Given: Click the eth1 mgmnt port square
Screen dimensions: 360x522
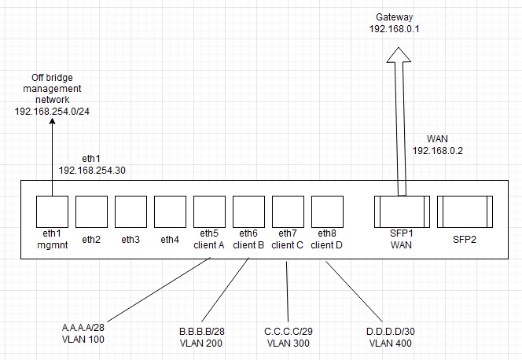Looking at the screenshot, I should [x=52, y=211].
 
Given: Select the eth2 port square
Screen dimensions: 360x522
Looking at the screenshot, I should [x=91, y=211].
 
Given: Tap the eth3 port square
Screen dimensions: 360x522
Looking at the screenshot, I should [x=130, y=211].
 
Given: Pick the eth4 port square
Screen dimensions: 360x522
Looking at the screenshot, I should [x=170, y=211].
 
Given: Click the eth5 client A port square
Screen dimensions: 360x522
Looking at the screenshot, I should [x=209, y=211].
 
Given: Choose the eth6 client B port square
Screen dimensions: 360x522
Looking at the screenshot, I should [x=248, y=211].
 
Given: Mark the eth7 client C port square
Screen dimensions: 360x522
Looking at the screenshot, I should [x=288, y=211].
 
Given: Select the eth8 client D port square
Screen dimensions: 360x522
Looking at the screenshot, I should [x=327, y=211].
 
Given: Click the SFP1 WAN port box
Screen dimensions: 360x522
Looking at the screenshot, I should [x=401, y=211].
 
